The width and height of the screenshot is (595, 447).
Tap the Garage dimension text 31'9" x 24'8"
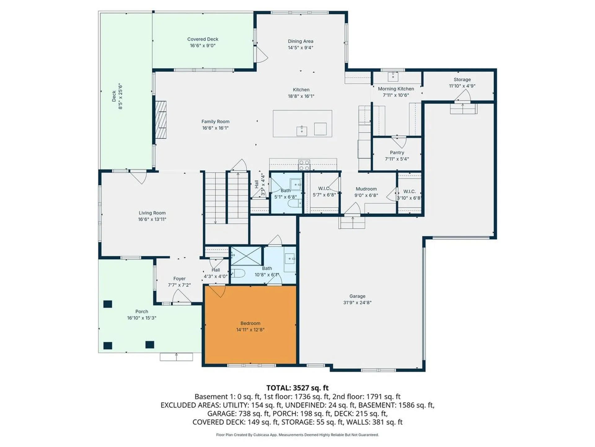click(357, 303)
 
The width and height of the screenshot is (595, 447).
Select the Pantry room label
click(397, 153)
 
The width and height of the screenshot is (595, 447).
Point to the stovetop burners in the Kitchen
click(304, 165)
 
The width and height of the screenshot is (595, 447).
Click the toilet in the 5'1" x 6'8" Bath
click(294, 204)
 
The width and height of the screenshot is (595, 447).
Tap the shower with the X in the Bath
click(246, 256)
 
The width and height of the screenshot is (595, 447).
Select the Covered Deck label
click(203, 39)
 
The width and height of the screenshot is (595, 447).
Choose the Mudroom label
click(366, 189)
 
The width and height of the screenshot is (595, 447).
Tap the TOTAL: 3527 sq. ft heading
click(297, 388)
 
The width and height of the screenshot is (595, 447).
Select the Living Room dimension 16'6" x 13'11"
click(152, 219)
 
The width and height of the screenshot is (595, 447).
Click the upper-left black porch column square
click(108, 304)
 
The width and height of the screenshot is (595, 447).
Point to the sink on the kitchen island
click(302, 131)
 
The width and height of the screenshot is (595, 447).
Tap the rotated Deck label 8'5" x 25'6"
click(117, 96)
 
